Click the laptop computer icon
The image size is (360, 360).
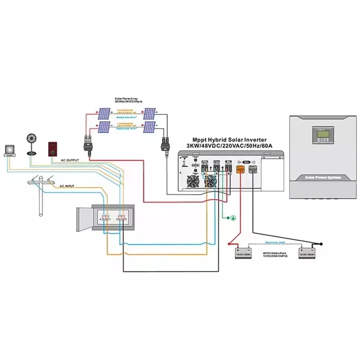click(9, 150)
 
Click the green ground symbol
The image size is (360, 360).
click(233, 218)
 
